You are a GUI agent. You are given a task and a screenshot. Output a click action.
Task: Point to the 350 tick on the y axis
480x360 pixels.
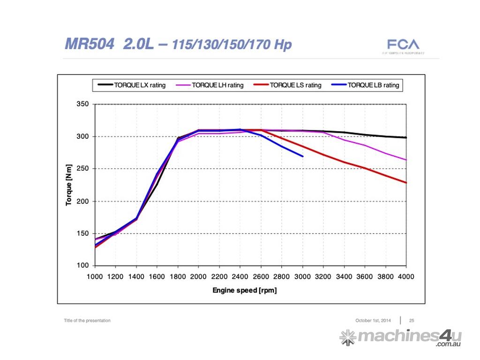[82, 104]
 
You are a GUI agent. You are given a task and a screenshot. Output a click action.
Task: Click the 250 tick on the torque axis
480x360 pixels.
[82, 169]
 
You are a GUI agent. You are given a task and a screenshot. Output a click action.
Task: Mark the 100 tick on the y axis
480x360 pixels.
[82, 266]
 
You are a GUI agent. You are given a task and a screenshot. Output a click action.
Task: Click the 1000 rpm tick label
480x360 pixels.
[95, 277]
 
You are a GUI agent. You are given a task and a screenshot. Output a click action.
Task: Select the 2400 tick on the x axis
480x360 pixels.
[240, 277]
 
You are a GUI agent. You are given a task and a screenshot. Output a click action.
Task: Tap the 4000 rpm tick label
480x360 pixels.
[406, 277]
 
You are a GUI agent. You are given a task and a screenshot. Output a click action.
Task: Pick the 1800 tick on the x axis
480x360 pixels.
[178, 277]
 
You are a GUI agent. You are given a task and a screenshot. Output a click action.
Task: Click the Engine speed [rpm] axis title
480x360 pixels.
[245, 291]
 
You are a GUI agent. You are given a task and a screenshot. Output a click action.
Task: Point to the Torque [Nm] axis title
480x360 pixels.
[69, 185]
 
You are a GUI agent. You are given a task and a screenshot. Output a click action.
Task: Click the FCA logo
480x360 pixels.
[403, 45]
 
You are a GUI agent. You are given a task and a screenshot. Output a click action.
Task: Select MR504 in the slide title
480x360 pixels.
[89, 45]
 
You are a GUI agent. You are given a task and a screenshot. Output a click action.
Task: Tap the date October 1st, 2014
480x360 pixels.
[373, 321]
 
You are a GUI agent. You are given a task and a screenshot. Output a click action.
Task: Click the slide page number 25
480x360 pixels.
[412, 321]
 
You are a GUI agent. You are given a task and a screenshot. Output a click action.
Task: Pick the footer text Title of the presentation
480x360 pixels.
[87, 321]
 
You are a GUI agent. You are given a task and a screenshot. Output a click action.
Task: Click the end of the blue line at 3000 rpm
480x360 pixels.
[303, 156]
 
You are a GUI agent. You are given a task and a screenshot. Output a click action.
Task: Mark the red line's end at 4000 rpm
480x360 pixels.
[406, 182]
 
